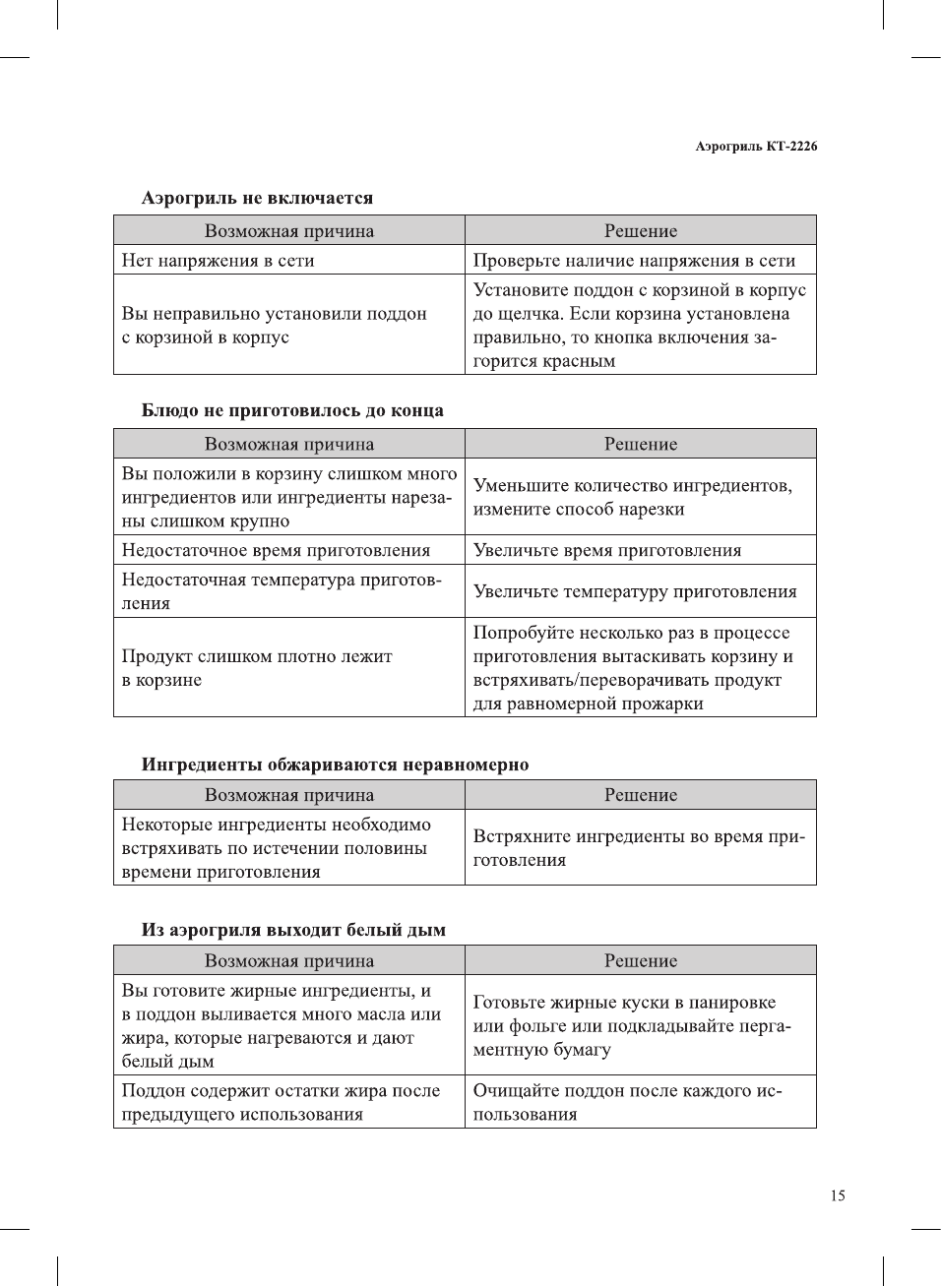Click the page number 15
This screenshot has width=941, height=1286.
click(x=837, y=1195)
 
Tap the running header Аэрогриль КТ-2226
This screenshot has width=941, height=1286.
click(x=755, y=147)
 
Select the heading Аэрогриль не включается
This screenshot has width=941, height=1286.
click(x=257, y=198)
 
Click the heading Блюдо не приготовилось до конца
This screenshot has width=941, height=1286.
click(x=292, y=410)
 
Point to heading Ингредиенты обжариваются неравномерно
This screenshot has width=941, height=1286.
click(x=335, y=765)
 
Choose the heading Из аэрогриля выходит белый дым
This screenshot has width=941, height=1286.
click(x=293, y=930)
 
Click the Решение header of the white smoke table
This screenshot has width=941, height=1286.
click(x=641, y=961)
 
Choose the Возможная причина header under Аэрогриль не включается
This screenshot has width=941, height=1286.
click(x=289, y=231)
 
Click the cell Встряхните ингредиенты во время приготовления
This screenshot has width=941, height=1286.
click(x=639, y=848)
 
